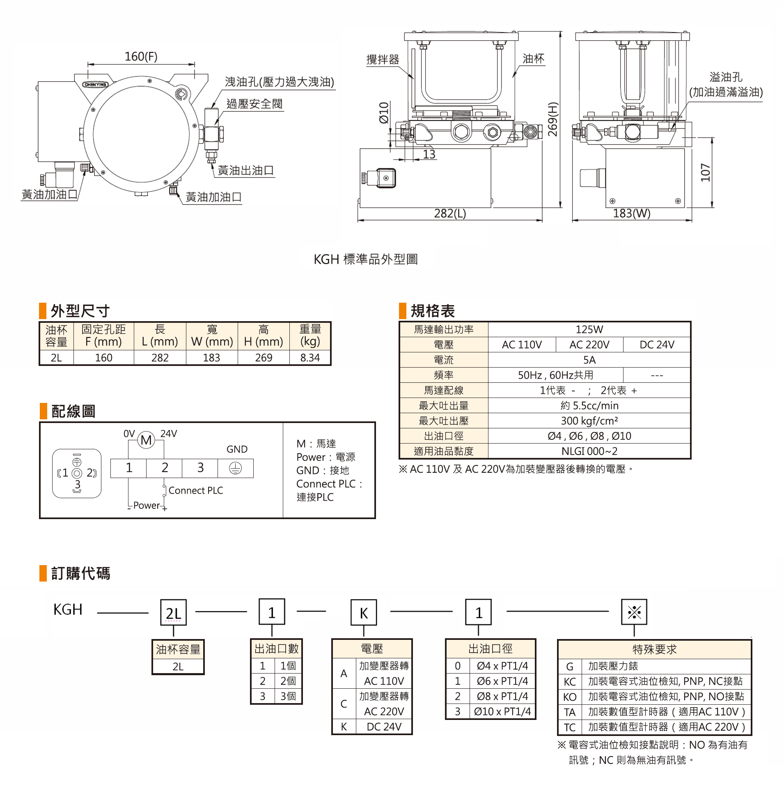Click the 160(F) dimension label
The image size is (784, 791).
point(141,57)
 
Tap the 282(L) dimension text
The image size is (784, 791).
point(450,214)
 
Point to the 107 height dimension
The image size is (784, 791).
point(705,172)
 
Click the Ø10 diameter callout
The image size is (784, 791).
point(384,113)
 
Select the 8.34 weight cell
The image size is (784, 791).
point(310,358)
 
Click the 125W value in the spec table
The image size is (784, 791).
point(589,329)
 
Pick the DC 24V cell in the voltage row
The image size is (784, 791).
point(657,345)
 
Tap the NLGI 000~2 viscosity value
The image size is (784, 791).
point(589,451)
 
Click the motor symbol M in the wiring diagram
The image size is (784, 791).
point(146,440)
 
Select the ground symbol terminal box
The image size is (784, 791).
point(235,468)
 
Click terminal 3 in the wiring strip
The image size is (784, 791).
point(200,468)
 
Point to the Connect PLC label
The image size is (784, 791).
point(196,490)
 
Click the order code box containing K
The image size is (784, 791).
point(364,613)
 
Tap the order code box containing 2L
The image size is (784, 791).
point(173,613)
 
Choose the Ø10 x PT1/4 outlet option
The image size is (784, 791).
point(502,712)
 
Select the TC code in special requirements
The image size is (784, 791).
point(569,727)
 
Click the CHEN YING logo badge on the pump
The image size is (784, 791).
point(95,85)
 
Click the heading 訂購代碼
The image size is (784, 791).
point(80,573)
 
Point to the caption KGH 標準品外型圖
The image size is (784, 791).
point(365,259)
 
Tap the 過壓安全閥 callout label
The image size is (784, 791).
point(254,104)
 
